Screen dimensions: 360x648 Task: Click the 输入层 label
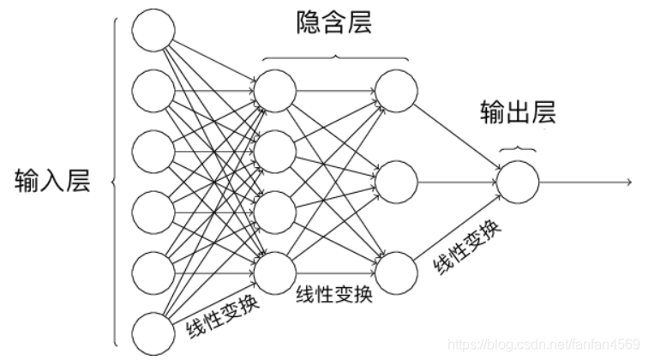(x=52, y=182)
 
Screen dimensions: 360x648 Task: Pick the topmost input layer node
(x=153, y=31)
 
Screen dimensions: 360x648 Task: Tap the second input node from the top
(x=153, y=90)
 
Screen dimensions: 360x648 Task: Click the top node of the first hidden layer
(x=275, y=90)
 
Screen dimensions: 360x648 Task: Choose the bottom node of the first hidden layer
(x=275, y=271)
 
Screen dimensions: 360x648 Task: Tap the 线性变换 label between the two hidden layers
(x=334, y=294)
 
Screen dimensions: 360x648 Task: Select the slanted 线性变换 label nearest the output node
(x=468, y=249)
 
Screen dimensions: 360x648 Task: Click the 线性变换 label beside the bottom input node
(x=220, y=316)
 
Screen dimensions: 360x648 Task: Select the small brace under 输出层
(x=517, y=147)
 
